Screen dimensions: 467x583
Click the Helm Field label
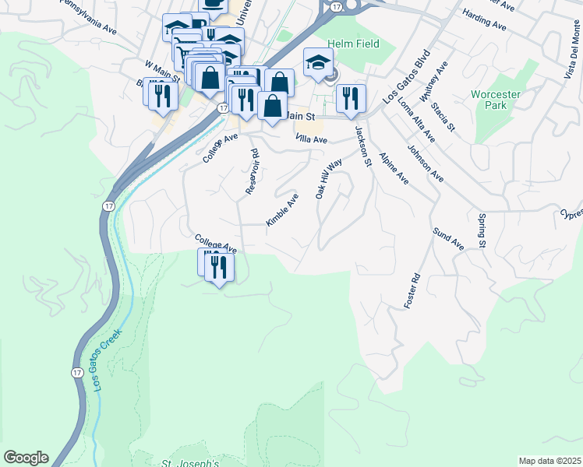[353, 44]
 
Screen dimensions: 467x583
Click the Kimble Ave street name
[282, 210]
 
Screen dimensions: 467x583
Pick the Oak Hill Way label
[329, 180]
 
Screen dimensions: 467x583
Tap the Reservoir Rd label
[251, 172]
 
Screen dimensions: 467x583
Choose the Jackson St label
[361, 146]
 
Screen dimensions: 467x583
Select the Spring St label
[482, 231]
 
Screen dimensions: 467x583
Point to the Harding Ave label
[484, 20]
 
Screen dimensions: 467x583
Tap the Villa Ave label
[312, 139]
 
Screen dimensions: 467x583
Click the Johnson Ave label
[426, 161]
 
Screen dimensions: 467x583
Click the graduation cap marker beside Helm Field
[318, 62]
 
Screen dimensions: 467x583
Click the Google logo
[26, 458]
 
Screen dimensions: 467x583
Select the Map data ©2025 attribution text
[549, 461]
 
